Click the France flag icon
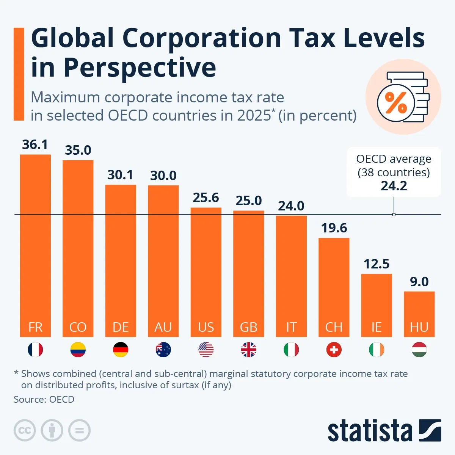(35, 350)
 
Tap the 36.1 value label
(35, 144)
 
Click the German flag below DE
(121, 350)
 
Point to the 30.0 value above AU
(163, 176)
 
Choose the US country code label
(206, 327)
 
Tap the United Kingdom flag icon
(249, 350)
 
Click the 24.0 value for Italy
(291, 206)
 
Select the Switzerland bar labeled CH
(334, 284)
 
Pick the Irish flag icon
(377, 350)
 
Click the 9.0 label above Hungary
(419, 282)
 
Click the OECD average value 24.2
(394, 186)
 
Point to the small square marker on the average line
(394, 215)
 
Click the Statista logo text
(370, 431)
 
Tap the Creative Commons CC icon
(25, 430)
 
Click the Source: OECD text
(44, 399)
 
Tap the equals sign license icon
(79, 430)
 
